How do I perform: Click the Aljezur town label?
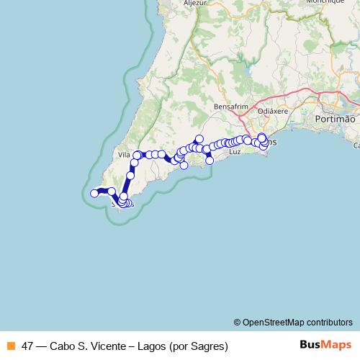[195, 3]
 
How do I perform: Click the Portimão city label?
[336, 117]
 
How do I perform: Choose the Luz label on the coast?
[234, 153]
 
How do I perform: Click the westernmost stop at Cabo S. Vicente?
[94, 193]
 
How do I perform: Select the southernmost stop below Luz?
[210, 161]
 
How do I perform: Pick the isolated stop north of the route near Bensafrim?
[199, 139]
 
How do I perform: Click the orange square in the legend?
[11, 346]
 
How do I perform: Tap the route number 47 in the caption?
[28, 346]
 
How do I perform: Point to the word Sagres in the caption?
[209, 346]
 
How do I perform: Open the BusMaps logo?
[325, 345]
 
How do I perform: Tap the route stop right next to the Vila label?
[137, 156]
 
